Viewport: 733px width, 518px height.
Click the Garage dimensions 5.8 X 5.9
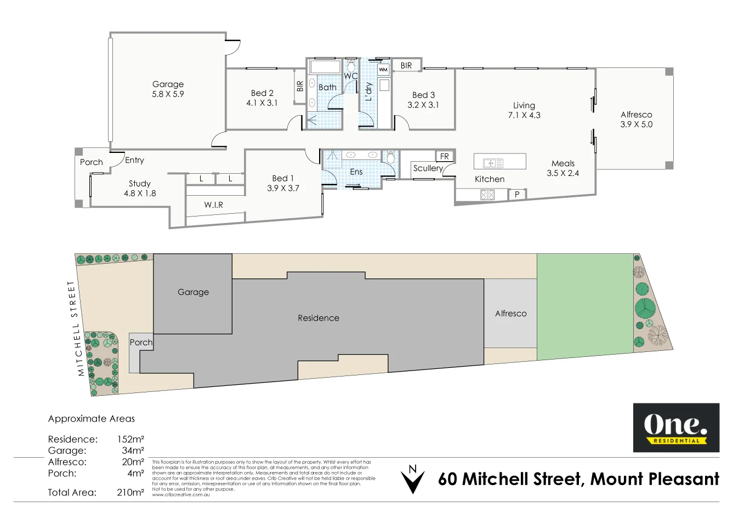pos(168,94)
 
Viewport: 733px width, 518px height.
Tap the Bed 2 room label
pos(262,93)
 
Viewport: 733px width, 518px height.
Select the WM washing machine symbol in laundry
pos(383,70)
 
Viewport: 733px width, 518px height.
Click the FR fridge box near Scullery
pos(444,156)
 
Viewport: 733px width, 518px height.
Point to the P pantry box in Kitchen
pos(516,194)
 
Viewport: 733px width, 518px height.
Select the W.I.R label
pos(213,204)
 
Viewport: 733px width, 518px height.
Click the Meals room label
pos(563,163)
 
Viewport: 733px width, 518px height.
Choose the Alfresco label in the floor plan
pos(636,115)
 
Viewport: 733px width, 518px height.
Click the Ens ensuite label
pos(356,172)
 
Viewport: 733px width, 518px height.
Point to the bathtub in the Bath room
pos(326,67)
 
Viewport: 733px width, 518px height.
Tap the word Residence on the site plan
pos(318,318)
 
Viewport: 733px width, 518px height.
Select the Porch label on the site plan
pos(141,343)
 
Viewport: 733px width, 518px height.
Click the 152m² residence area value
pos(130,439)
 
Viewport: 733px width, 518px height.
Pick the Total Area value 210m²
pos(130,492)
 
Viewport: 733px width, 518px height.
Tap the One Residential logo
pos(676,428)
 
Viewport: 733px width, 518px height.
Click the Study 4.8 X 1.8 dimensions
pos(140,193)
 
